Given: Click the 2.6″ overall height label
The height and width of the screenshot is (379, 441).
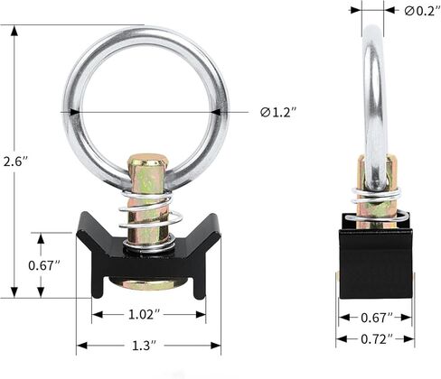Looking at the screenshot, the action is pyautogui.click(x=15, y=162).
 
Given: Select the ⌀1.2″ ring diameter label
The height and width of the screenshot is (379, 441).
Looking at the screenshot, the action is pyautogui.click(x=278, y=113).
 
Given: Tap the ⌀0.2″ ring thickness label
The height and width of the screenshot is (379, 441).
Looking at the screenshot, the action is pyautogui.click(x=423, y=11).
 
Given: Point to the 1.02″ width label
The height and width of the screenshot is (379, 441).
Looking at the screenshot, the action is pyautogui.click(x=145, y=315).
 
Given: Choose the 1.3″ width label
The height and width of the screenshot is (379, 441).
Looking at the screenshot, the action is pyautogui.click(x=145, y=346).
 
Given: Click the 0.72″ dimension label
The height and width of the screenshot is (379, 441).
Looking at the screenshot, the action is pyautogui.click(x=377, y=339).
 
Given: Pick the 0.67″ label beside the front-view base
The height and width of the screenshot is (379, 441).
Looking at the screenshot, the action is pyautogui.click(x=44, y=265).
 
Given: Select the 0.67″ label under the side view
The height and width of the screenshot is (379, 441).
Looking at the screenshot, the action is pyautogui.click(x=377, y=318).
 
